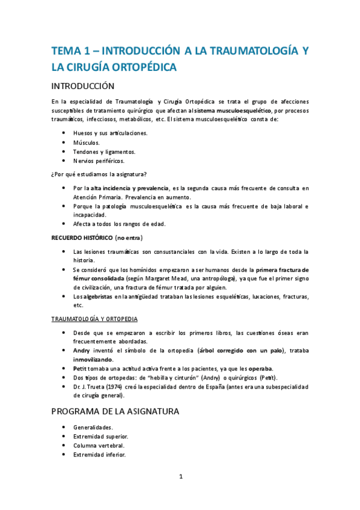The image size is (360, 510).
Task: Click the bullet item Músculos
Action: tap(87, 143)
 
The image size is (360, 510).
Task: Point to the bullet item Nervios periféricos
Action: tap(99, 161)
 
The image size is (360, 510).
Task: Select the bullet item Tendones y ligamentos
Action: tap(104, 152)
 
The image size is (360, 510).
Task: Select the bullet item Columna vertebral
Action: tap(100, 446)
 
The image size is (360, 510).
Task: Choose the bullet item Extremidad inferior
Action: tap(100, 455)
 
